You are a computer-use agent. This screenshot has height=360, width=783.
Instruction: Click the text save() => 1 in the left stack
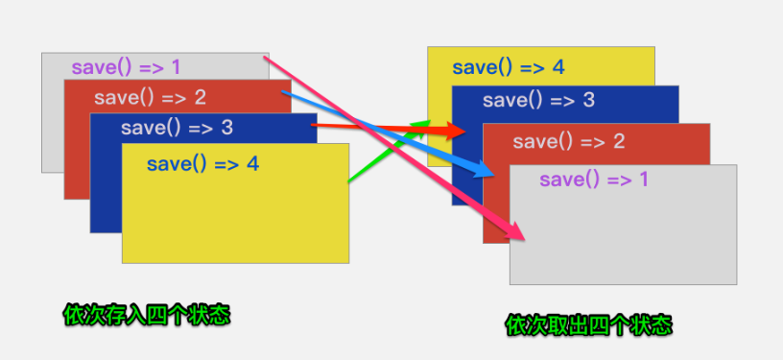coord(126,68)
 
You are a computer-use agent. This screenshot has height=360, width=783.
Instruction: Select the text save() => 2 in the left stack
coord(150,97)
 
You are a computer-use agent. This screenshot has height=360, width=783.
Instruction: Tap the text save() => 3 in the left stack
coord(177,128)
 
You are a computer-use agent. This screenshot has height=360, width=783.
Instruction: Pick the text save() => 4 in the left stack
coord(202,164)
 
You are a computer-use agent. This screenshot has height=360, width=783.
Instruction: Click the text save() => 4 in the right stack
coord(508,67)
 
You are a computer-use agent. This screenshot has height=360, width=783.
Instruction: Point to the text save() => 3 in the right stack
coord(538,100)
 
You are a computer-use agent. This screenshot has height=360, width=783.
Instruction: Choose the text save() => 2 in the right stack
coord(568,142)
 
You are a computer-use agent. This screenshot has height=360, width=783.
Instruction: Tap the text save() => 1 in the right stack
coord(594,180)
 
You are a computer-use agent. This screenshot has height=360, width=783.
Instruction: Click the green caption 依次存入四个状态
coord(147,315)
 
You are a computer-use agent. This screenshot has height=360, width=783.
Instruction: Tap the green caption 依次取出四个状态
coord(589,325)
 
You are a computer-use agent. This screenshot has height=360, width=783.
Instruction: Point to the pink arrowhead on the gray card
coord(518,231)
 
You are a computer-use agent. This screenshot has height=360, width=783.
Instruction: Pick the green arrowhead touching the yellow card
coord(422,124)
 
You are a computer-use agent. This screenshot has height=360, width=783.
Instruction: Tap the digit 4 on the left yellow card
coord(252,164)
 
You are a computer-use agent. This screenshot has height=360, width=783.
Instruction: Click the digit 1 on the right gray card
coord(643,180)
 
